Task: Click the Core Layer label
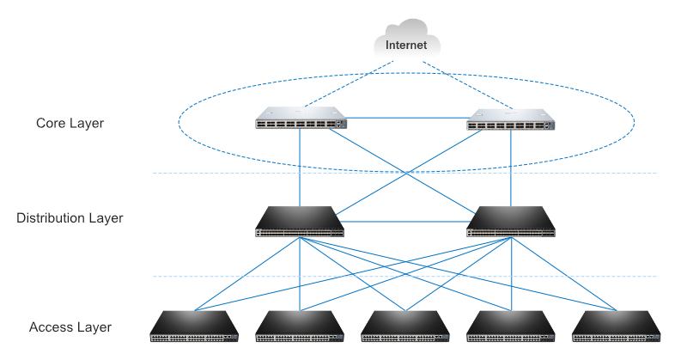click(x=70, y=124)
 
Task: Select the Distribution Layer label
click(x=70, y=218)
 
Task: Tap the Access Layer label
click(x=70, y=327)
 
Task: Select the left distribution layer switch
click(x=300, y=222)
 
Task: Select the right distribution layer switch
click(x=510, y=222)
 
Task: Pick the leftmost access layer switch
click(x=195, y=326)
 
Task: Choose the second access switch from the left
click(x=301, y=326)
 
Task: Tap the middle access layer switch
click(x=405, y=326)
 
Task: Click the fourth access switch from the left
click(x=511, y=326)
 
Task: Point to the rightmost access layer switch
click(x=617, y=326)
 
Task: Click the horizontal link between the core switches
click(x=405, y=118)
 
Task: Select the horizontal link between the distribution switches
click(x=405, y=222)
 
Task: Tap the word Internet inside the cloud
click(x=406, y=45)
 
